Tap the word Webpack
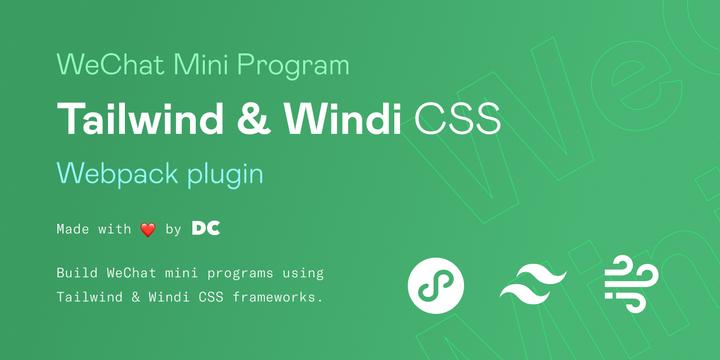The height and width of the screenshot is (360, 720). click(117, 174)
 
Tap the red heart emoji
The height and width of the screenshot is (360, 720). click(147, 229)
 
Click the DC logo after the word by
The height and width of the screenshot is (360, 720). click(205, 229)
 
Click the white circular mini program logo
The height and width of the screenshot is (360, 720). click(435, 286)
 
